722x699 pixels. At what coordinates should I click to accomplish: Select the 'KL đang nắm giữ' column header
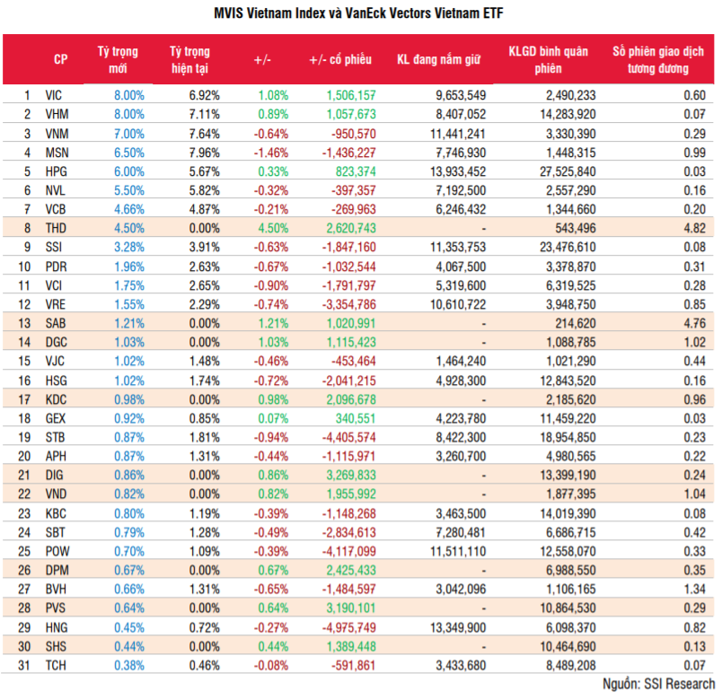point(439,59)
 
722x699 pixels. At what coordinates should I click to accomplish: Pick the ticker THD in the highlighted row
point(55,229)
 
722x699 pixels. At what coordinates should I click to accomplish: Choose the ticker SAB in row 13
point(55,324)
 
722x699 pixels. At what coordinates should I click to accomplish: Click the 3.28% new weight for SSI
point(128,248)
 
